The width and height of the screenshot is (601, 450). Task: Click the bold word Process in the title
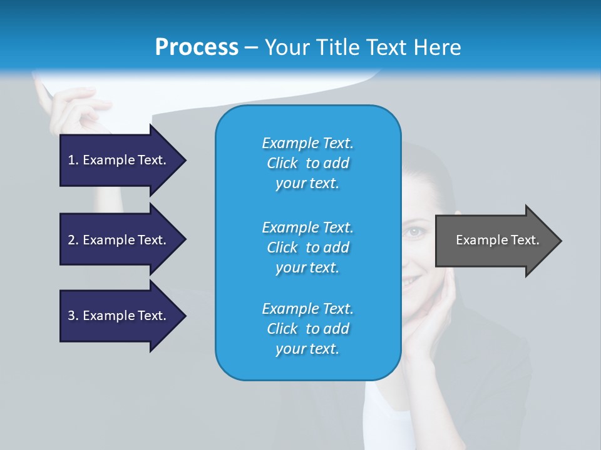pyautogui.click(x=197, y=47)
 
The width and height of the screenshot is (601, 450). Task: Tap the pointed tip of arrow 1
pyautogui.click(x=184, y=160)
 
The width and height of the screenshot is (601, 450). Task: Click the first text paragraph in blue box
pyautogui.click(x=307, y=163)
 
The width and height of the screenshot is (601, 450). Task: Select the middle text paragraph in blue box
pyautogui.click(x=307, y=247)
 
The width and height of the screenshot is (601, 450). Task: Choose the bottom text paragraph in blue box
pyautogui.click(x=307, y=329)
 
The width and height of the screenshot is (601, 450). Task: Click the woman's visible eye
pyautogui.click(x=414, y=232)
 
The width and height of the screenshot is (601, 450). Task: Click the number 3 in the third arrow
pyautogui.click(x=71, y=316)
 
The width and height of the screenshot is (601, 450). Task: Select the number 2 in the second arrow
pyautogui.click(x=71, y=240)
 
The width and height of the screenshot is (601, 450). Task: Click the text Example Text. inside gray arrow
pyautogui.click(x=497, y=240)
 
